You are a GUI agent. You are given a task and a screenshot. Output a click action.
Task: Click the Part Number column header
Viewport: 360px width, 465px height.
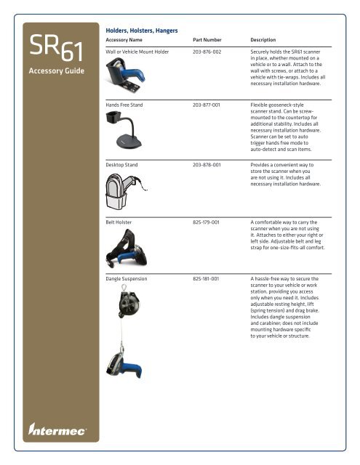pyautogui.click(x=209, y=39)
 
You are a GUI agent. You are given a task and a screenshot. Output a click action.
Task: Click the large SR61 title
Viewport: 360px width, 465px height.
pyautogui.click(x=49, y=50)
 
